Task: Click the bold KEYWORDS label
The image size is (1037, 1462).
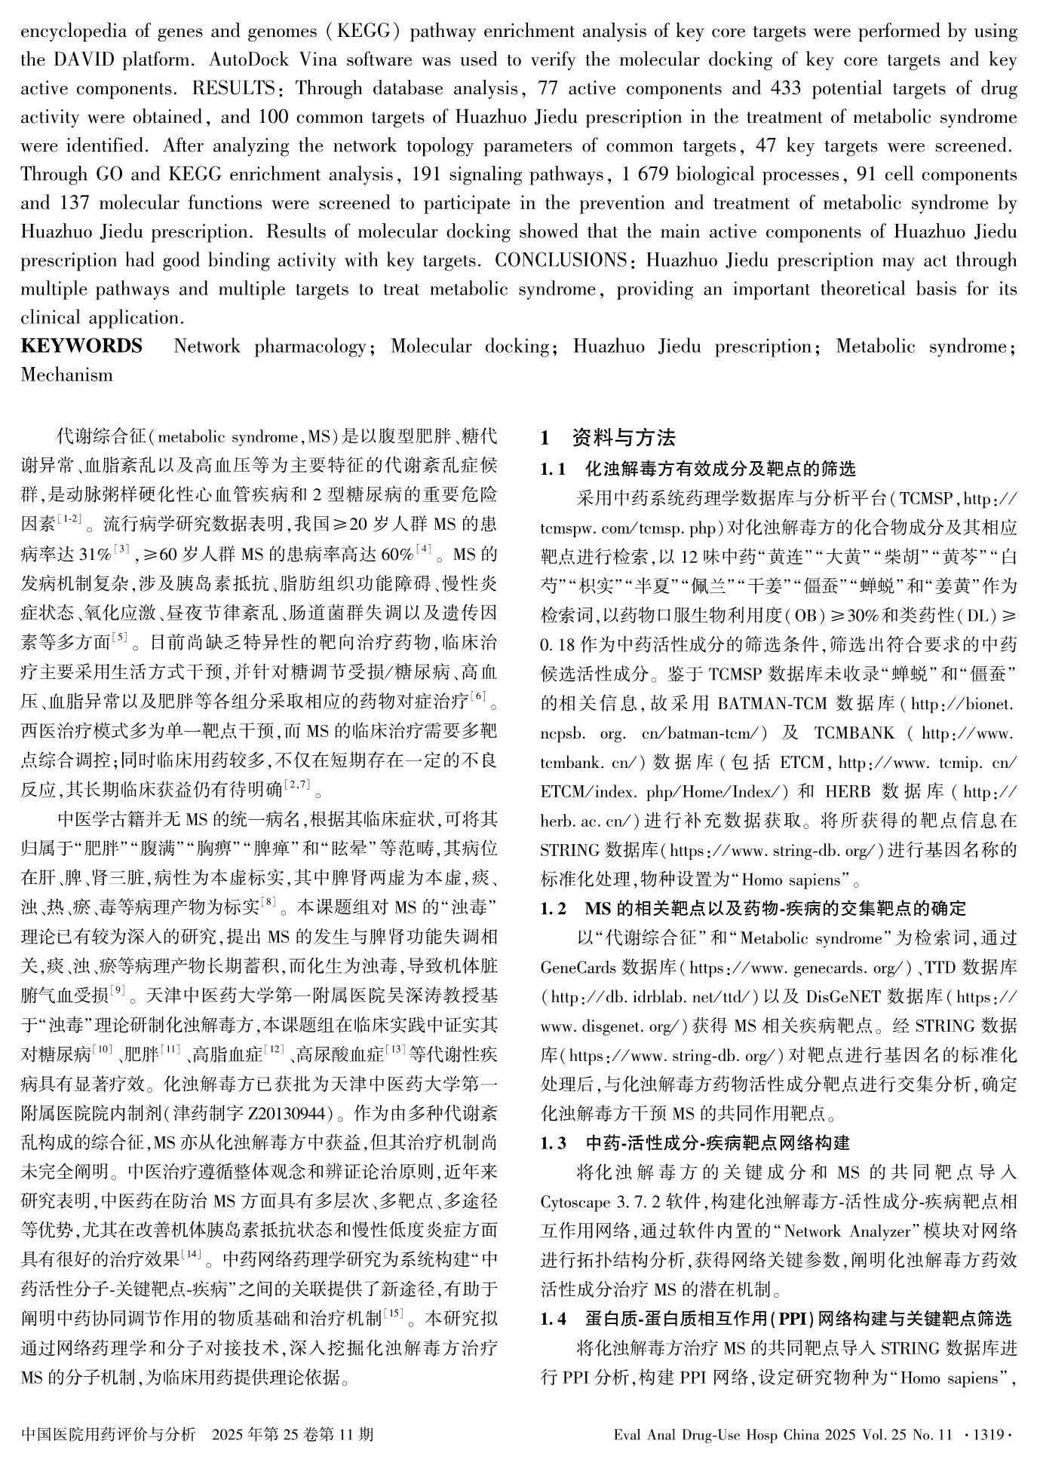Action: coord(81,347)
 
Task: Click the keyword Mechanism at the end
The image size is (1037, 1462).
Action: coord(67,375)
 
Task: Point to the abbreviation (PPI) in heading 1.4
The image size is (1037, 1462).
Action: coord(802,1319)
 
